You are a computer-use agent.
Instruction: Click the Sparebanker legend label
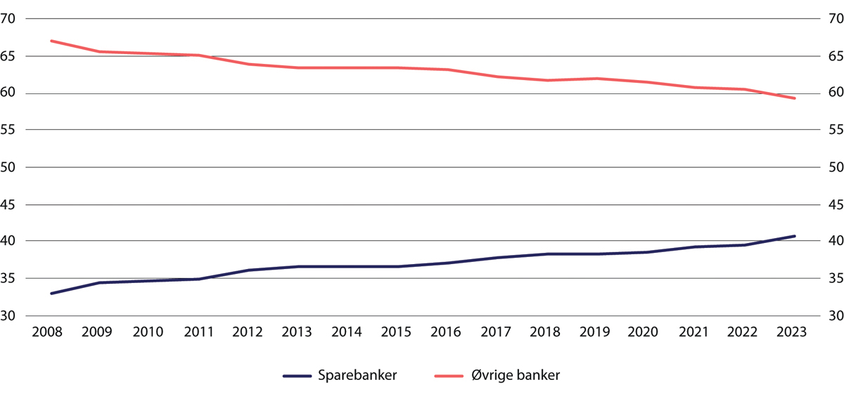[x=357, y=376]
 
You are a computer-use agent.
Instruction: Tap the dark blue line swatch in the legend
[x=296, y=376]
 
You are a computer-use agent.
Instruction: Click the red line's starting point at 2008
[x=51, y=41]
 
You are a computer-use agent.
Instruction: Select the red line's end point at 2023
[x=795, y=98]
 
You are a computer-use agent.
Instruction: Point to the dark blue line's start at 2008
[x=51, y=294]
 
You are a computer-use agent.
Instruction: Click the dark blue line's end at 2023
[x=795, y=236]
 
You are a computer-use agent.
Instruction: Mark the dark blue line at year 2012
[x=249, y=270]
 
